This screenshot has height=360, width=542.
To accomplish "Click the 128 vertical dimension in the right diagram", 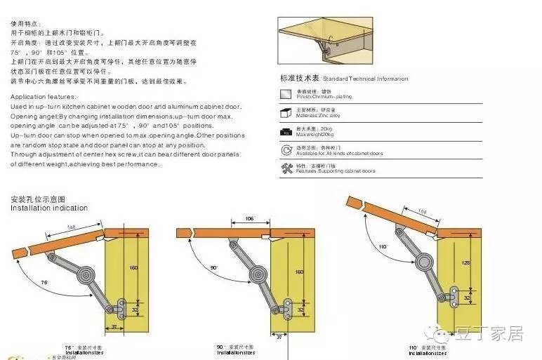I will coord(465,262).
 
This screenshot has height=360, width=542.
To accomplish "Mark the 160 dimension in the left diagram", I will coord(134,267).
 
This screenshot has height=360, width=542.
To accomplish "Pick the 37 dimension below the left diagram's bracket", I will coord(114,326).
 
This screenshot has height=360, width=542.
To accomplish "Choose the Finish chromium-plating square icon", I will coord(286,93).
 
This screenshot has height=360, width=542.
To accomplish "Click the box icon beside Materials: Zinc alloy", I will coord(286,112).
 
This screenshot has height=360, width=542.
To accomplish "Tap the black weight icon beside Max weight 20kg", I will coord(286,131).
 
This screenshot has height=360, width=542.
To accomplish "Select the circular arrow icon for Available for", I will coord(286,150).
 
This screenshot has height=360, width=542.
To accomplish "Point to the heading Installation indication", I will coord(49,208).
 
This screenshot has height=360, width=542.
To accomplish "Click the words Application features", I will coord(43,96).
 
